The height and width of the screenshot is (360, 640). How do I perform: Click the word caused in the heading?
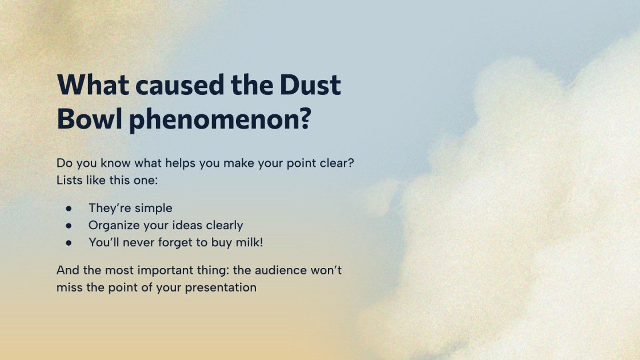point(172,85)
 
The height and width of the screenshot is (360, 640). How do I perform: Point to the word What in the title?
point(91,85)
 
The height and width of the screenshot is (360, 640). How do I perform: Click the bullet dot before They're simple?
point(69,208)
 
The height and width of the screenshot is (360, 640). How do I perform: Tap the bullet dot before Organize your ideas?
point(69,225)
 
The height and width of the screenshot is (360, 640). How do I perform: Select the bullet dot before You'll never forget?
point(69,242)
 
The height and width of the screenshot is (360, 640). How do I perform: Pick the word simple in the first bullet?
point(153,208)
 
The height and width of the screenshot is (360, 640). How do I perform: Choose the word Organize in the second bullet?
point(113,225)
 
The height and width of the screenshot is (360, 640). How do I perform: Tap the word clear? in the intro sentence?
point(338,163)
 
